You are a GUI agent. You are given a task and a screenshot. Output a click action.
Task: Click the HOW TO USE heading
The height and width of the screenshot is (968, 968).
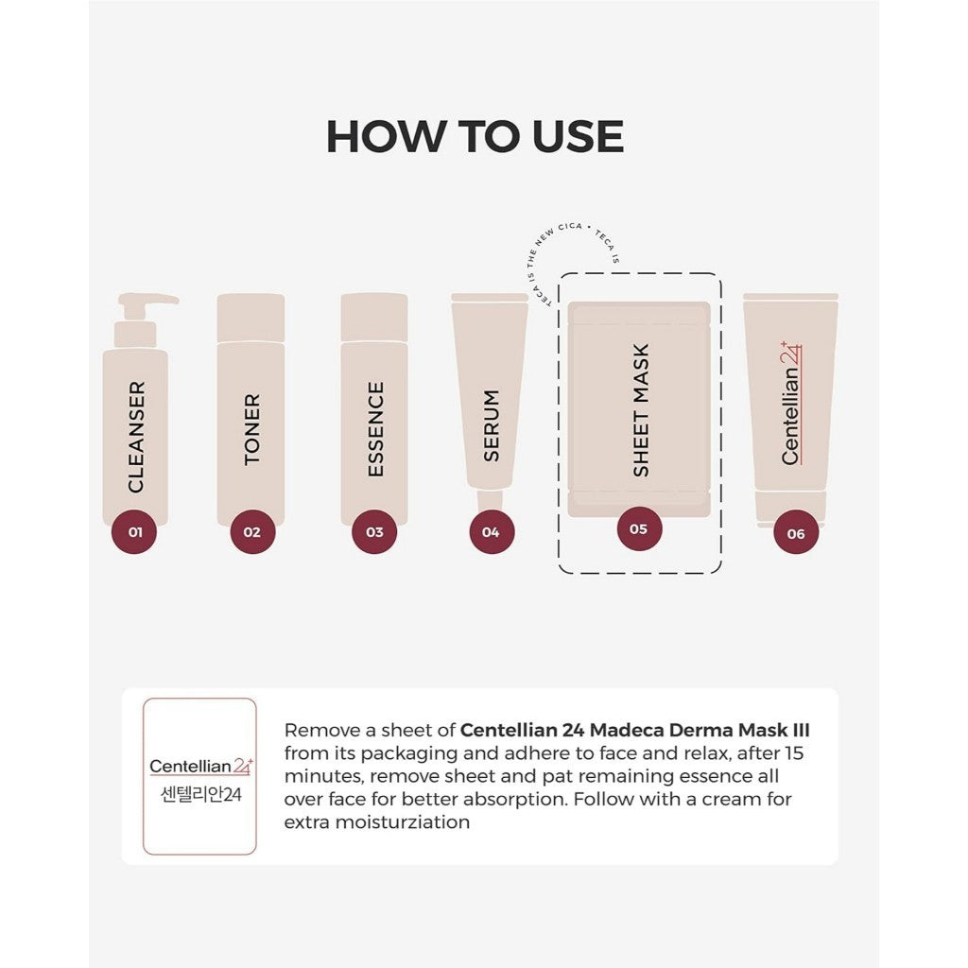point(475,136)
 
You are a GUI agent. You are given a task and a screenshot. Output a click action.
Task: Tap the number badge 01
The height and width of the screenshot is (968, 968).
point(135,531)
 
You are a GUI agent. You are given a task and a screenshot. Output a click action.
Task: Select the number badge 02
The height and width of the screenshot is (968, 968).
point(251,531)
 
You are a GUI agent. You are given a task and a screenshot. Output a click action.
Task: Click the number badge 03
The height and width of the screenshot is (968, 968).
point(374,531)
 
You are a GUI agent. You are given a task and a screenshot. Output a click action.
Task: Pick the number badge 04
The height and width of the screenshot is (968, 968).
point(491,531)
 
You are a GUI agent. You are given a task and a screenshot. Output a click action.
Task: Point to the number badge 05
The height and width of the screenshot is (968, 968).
point(639,528)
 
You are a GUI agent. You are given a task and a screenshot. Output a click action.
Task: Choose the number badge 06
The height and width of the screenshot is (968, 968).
point(795,533)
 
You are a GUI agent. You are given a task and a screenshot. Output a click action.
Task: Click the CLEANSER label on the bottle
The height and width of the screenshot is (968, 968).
point(136,436)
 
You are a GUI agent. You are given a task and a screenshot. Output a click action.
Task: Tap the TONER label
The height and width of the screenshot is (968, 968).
point(251,429)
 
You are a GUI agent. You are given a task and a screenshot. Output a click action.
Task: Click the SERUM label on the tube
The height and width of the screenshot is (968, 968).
point(491,425)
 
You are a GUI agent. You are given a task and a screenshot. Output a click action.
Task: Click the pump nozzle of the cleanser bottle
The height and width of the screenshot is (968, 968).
point(147,301)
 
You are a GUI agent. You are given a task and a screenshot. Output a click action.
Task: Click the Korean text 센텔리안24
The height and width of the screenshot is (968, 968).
point(200,794)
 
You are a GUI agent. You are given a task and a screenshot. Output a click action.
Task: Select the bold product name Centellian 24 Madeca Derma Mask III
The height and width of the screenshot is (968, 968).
point(634,731)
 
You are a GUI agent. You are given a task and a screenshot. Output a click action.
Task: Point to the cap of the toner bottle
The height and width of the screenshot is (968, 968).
point(251,318)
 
